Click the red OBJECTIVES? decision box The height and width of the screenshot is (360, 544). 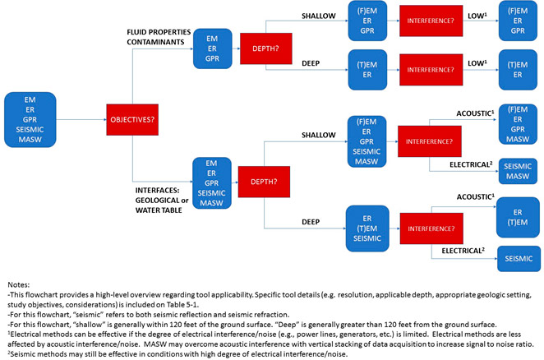pos(132,120)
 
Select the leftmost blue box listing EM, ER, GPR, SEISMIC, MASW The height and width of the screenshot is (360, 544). pos(30,120)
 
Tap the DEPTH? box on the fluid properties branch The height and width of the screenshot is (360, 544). pos(265,48)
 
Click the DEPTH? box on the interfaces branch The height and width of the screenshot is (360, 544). pos(264,182)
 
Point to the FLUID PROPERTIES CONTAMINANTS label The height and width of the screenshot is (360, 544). pos(159,37)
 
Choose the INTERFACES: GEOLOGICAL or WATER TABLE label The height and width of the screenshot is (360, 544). pos(162,201)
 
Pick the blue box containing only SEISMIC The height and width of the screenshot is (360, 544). pos(519,259)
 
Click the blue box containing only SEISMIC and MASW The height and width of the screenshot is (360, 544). pos(518,171)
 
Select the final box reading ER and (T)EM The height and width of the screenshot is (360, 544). pos(518,217)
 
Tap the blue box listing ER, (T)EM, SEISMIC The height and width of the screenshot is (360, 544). pos(367,228)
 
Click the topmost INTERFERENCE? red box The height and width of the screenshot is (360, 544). pos(431,21)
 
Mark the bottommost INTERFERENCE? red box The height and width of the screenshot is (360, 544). pos(431,228)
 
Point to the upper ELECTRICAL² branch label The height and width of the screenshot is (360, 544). pos(471,164)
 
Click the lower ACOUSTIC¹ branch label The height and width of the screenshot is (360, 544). pos(475,196)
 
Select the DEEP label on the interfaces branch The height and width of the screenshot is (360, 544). pos(311,222)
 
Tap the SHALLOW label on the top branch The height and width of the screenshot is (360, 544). pos(319,16)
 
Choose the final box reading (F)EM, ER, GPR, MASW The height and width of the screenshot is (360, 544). pos(518,124)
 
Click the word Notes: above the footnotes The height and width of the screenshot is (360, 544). pos(19,284)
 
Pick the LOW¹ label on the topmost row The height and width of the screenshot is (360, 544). pos(477,16)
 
